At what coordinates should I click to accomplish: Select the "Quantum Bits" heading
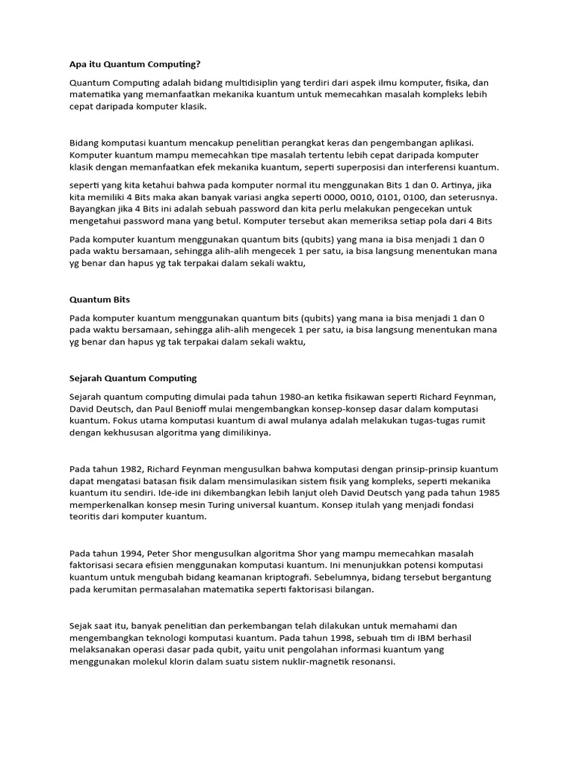[99, 300]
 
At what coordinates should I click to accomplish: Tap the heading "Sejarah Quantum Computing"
[133, 378]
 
